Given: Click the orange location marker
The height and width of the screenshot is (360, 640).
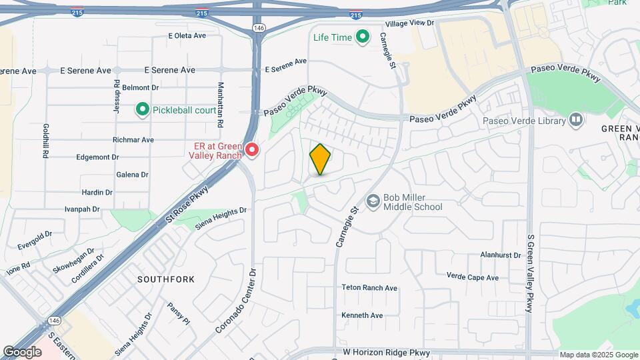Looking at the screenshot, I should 320,159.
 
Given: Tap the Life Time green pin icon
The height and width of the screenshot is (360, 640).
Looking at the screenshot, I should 363,37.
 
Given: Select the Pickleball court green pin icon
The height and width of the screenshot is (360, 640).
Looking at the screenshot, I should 142,109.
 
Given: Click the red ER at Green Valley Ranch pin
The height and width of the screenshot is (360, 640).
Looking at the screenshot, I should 252,150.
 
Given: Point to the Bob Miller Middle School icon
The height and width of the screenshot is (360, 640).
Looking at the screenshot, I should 373,201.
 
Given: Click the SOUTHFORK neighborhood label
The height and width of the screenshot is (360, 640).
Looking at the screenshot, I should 166,279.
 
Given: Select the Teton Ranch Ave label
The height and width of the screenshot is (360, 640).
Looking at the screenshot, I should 369,288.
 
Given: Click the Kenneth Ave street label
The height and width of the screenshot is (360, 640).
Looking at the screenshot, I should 362,315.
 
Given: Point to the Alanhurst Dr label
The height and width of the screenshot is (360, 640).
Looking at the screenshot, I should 501,255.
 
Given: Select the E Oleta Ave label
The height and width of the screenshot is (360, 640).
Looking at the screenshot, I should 188,36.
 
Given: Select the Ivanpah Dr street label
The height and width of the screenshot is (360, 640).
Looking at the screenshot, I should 82,209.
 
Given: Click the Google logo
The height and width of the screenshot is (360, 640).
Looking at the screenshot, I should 22,352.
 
